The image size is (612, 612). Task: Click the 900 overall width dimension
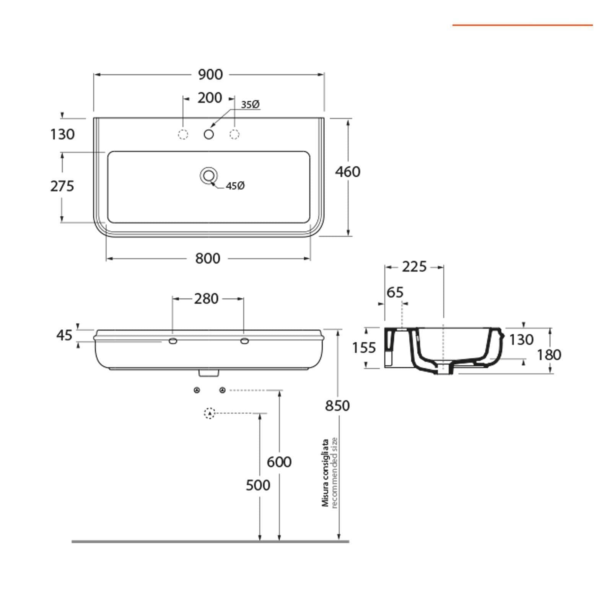click(210, 74)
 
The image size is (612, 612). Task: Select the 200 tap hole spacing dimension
click(210, 98)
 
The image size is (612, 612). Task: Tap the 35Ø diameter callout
click(251, 104)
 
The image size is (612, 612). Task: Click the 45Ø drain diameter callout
click(235, 186)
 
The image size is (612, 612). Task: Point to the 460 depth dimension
click(348, 172)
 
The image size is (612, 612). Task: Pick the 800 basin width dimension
click(208, 259)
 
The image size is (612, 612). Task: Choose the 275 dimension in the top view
click(62, 186)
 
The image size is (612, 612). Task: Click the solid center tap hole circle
click(209, 134)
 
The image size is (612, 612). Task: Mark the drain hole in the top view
click(209, 176)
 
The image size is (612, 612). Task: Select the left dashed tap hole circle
click(183, 134)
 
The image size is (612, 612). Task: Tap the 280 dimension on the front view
click(207, 299)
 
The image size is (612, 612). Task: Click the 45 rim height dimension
click(64, 335)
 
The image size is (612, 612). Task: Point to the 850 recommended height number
click(337, 405)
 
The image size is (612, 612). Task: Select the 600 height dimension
click(279, 462)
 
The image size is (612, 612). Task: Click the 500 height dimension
click(258, 485)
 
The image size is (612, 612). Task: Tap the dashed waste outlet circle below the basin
click(210, 413)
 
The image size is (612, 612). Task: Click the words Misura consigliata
click(326, 473)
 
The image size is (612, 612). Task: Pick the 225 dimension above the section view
click(414, 267)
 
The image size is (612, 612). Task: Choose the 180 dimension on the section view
click(549, 355)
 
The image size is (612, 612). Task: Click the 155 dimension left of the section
click(364, 348)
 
